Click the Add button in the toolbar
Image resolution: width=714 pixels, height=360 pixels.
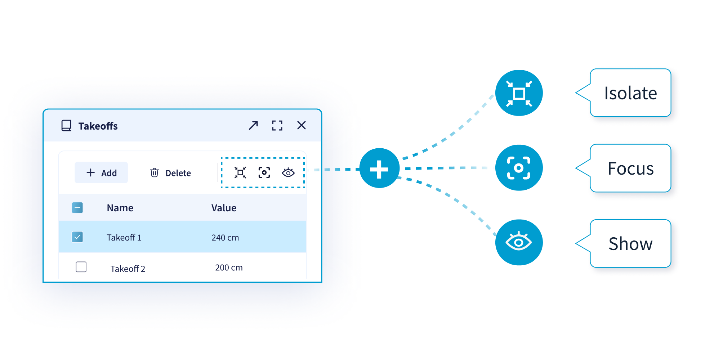[x=101, y=173]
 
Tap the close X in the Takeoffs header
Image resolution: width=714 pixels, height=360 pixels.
[x=302, y=125]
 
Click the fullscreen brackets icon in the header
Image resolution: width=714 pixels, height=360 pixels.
[x=277, y=125]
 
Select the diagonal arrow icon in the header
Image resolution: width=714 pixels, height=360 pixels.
[x=253, y=125]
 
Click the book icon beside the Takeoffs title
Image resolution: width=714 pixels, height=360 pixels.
[x=66, y=126]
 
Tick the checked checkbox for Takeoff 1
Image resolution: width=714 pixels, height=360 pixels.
[x=77, y=237]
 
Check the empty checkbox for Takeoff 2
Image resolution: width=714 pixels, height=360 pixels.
[x=81, y=267]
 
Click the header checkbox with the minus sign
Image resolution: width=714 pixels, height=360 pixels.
[x=77, y=208]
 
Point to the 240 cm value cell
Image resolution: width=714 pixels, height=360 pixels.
[x=225, y=238]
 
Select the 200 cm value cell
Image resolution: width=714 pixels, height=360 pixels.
[x=229, y=268]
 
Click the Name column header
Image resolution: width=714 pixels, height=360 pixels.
[x=120, y=208]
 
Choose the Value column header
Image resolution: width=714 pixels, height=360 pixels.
[x=224, y=208]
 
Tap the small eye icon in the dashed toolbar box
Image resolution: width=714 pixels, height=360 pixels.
[x=288, y=173]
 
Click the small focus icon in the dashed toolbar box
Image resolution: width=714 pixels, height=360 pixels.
[x=264, y=173]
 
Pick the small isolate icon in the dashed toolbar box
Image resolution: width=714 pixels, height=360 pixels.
[x=240, y=173]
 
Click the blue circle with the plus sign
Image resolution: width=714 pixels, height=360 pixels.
[x=379, y=168]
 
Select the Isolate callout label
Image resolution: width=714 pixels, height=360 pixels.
[x=630, y=93]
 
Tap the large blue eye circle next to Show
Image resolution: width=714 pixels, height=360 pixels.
[x=519, y=242]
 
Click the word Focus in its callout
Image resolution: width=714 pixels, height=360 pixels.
[x=630, y=168]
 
